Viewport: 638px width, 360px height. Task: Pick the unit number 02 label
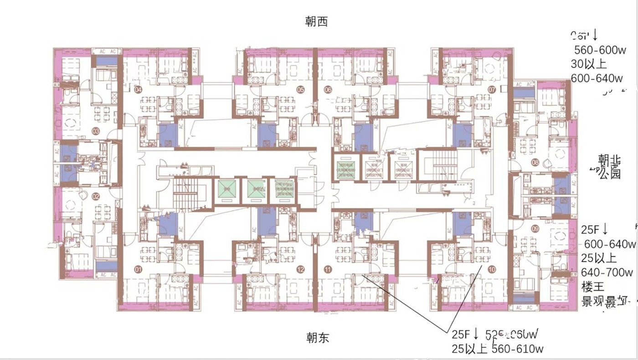click(96, 197)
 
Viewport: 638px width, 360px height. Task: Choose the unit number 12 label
click(300, 269)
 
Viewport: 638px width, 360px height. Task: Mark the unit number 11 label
click(328, 269)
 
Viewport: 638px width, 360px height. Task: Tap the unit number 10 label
click(492, 269)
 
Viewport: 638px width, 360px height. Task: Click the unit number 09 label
click(535, 228)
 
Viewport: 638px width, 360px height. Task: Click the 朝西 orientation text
click(317, 21)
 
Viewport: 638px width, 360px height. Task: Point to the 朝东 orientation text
click(317, 338)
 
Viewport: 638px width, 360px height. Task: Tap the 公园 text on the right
click(610, 174)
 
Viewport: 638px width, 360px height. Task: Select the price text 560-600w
click(600, 50)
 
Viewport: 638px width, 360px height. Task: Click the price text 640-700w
click(607, 273)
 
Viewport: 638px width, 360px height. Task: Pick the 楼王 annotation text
click(592, 287)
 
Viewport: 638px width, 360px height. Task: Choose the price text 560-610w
click(518, 349)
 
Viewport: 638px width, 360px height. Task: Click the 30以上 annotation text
click(588, 64)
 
